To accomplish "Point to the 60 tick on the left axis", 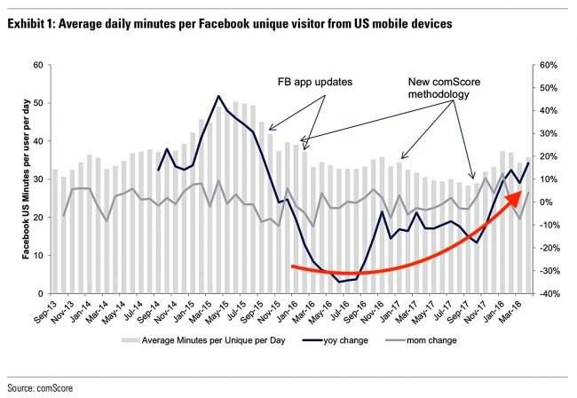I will pyautogui.click(x=37, y=65).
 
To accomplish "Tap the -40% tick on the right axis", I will pyautogui.click(x=545, y=294).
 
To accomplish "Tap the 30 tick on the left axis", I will pyautogui.click(x=37, y=179).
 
